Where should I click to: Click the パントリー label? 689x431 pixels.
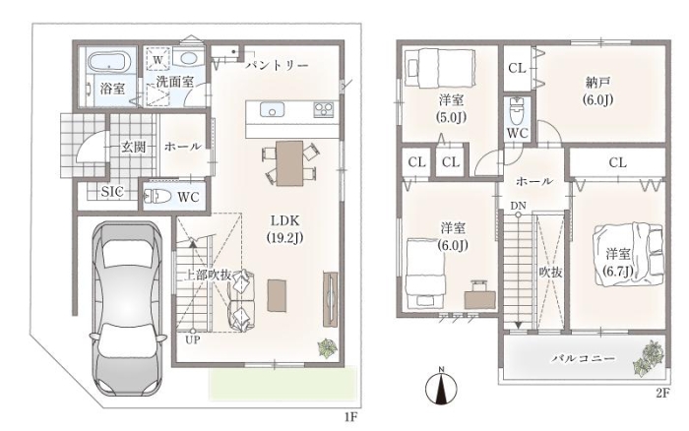click(x=277, y=64)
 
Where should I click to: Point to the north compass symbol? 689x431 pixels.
click(x=441, y=387)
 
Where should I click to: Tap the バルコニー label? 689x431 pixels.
click(x=583, y=360)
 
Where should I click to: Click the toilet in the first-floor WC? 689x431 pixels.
click(x=157, y=197)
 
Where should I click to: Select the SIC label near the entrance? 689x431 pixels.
click(x=113, y=191)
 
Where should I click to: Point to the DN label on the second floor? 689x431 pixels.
click(x=518, y=205)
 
